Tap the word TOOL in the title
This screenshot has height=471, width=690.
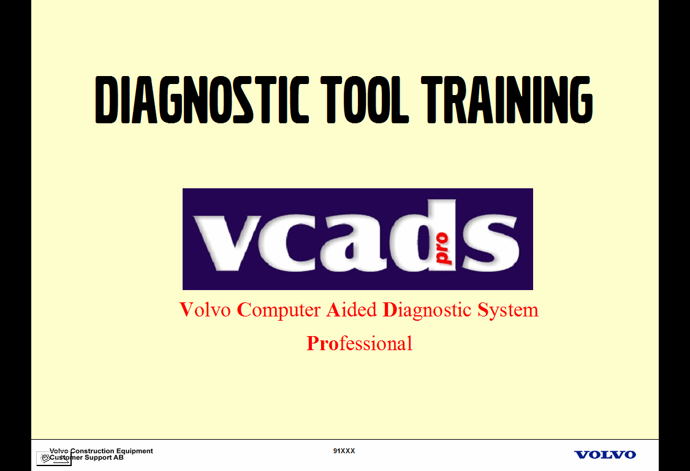366,100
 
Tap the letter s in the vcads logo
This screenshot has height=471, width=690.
491,242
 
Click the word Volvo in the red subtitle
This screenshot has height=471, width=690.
205,310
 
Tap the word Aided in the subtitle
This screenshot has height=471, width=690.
351,310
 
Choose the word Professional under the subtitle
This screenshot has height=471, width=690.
359,343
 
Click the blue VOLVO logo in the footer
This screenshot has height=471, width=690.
605,454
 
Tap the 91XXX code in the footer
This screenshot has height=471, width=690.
344,451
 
